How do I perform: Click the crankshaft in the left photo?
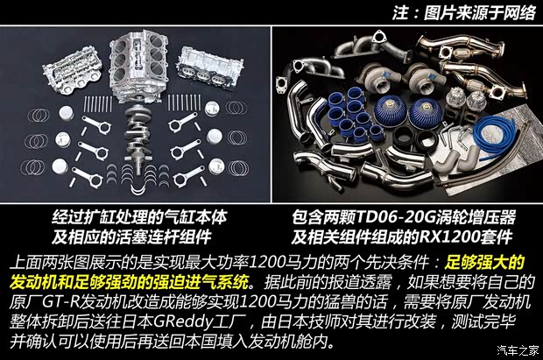point(136,136)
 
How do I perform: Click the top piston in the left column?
point(66,114)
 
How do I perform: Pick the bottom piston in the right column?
point(216,167)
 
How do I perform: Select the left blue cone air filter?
point(391,110)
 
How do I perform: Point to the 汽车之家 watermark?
point(518,350)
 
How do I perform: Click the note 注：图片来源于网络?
point(464,13)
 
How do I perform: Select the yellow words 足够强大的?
point(484,263)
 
